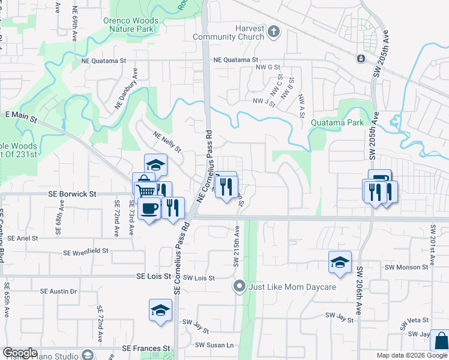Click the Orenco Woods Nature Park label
point(131,25)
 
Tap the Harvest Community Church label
point(228,32)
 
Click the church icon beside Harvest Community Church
point(273,31)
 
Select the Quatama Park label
point(337,122)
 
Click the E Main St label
point(21,114)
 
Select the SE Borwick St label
point(72,194)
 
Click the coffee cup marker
point(149,209)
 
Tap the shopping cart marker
point(146,191)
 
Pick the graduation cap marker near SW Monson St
point(340,262)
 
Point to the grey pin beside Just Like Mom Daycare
point(240,286)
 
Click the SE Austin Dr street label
point(59,292)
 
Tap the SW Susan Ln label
point(214,344)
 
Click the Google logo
point(20,353)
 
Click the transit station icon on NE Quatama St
point(361,59)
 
